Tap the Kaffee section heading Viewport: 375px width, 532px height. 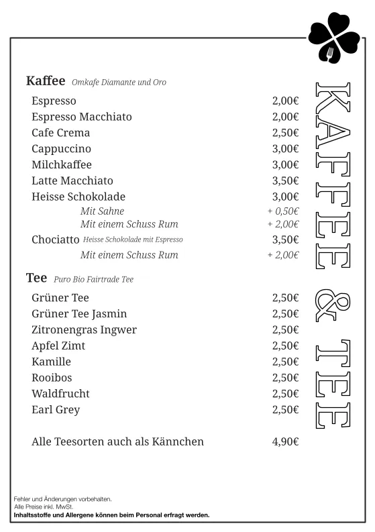[46, 81]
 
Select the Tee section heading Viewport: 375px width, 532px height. [36, 278]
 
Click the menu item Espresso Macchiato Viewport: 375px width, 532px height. [82, 117]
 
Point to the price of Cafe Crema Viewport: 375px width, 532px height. [285, 133]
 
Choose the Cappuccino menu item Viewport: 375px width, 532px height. [61, 149]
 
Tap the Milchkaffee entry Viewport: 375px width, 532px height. [62, 164]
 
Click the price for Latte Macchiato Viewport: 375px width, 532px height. [285, 180]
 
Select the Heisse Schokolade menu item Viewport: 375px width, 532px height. [78, 197]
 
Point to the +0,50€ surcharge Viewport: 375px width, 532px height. [283, 211]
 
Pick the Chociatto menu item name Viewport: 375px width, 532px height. [56, 240]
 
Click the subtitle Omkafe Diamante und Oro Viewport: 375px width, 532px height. [119, 83]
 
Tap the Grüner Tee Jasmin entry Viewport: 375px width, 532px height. [79, 314]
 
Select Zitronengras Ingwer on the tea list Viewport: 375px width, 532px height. [84, 329]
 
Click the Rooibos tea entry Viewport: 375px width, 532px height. [52, 378]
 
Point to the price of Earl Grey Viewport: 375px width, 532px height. [285, 409]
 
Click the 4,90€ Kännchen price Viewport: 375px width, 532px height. [285, 442]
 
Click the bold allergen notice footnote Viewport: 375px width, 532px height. [112, 515]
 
